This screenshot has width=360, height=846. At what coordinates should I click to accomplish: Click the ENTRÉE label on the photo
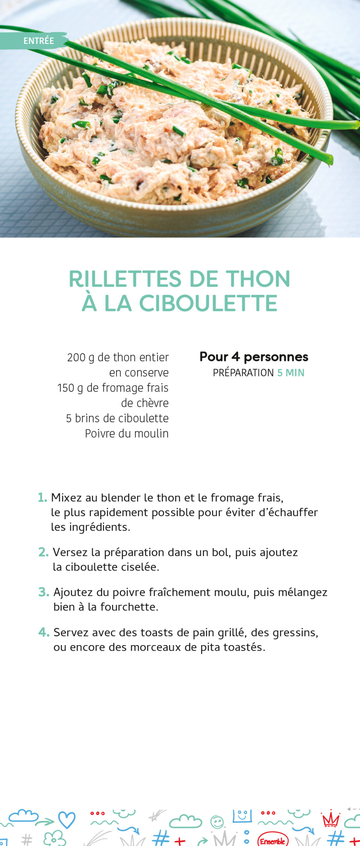click(38, 41)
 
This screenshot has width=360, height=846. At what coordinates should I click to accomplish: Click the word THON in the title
click(258, 279)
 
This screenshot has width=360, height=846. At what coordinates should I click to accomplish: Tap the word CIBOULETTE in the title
click(208, 303)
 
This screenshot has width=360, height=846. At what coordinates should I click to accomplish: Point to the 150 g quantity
click(70, 388)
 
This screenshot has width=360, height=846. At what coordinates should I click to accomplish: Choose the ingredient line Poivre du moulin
click(127, 434)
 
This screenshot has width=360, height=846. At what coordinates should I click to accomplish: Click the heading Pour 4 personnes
click(254, 357)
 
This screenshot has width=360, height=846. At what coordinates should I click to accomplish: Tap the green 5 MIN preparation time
click(291, 373)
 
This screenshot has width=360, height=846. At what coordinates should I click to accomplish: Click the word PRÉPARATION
click(243, 373)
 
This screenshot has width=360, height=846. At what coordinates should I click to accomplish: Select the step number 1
click(42, 497)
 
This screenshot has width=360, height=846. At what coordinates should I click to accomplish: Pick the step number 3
click(44, 592)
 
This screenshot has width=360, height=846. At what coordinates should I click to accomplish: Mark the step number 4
click(44, 632)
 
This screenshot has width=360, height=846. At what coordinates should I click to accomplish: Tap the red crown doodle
click(331, 820)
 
